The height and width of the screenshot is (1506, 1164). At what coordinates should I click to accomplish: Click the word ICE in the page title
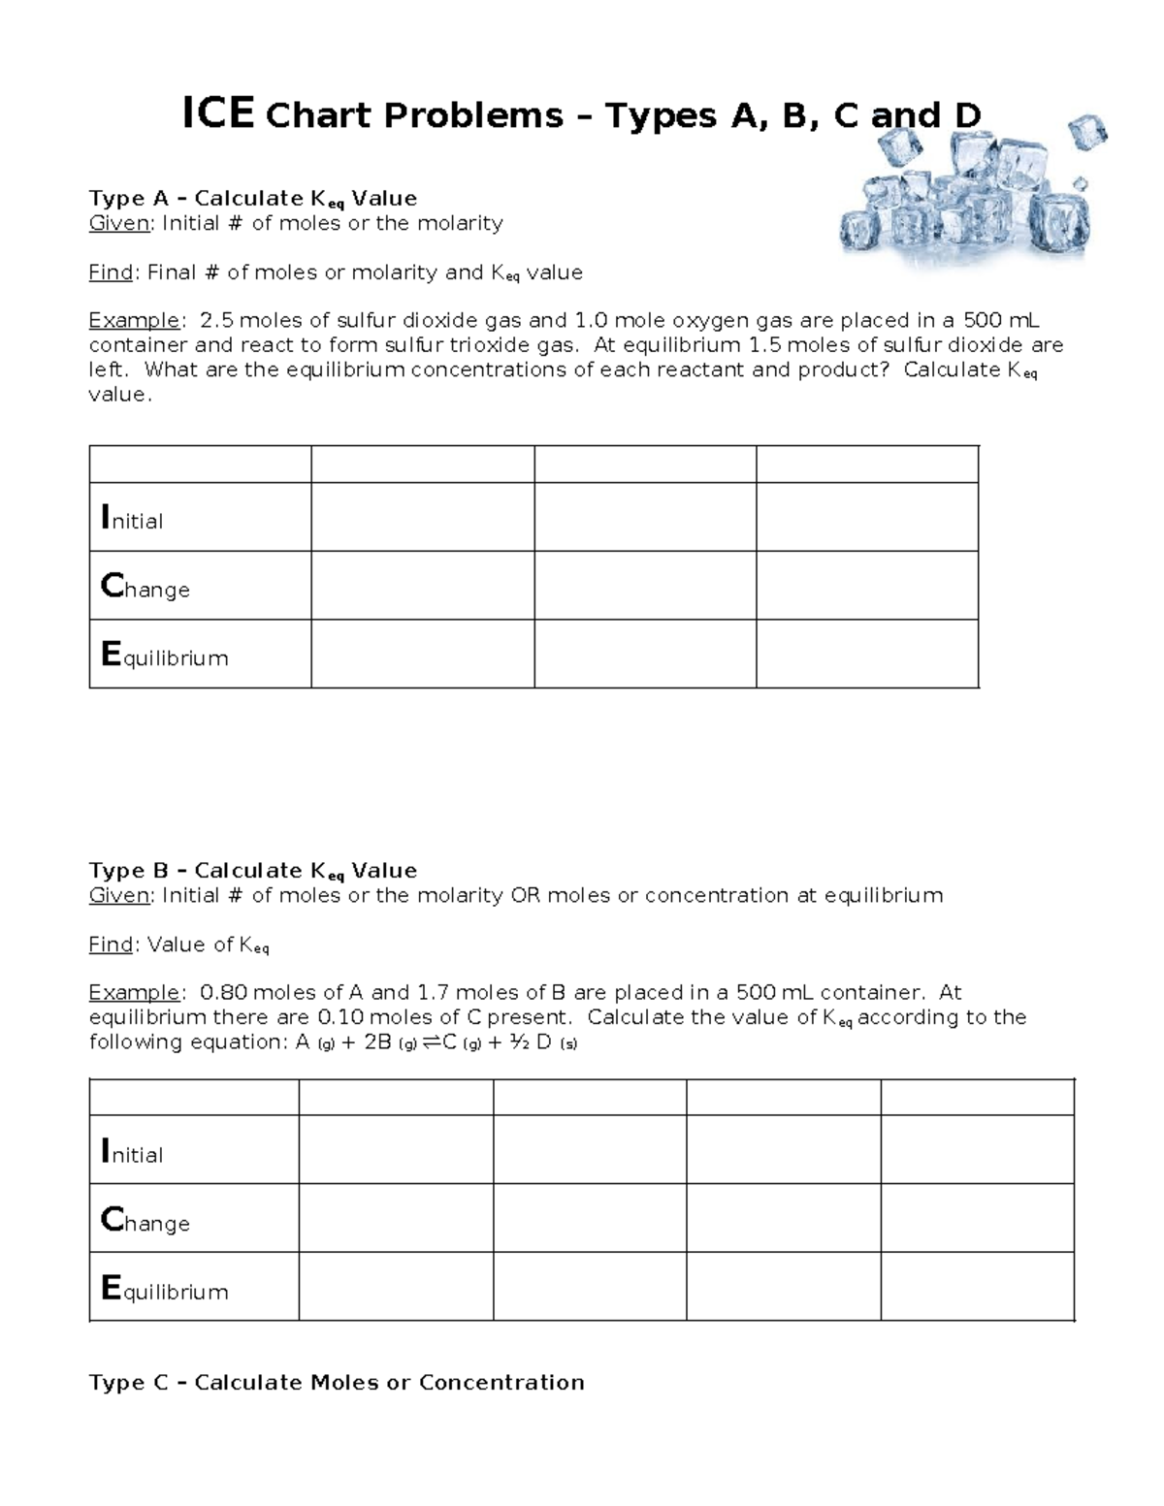[x=218, y=114]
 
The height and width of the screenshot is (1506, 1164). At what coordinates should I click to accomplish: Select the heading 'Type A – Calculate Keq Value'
[x=252, y=199]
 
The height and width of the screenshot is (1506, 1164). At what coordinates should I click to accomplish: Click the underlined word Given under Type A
[x=119, y=224]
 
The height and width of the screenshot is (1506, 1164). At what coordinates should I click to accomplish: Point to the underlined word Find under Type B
[x=110, y=945]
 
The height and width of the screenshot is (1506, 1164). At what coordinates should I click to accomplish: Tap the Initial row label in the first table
[x=132, y=520]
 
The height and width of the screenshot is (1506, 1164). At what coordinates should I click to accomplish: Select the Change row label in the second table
[x=145, y=1221]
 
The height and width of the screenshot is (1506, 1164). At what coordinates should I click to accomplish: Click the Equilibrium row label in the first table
[x=164, y=657]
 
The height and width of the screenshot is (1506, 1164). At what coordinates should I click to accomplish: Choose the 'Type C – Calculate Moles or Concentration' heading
[x=337, y=1383]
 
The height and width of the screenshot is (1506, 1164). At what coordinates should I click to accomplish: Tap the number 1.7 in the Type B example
[x=433, y=993]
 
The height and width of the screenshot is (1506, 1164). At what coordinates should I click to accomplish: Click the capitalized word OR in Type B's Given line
[x=526, y=896]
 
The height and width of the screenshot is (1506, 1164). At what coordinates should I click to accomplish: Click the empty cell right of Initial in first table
[x=422, y=517]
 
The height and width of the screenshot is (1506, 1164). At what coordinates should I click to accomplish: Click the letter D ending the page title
[x=967, y=115]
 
